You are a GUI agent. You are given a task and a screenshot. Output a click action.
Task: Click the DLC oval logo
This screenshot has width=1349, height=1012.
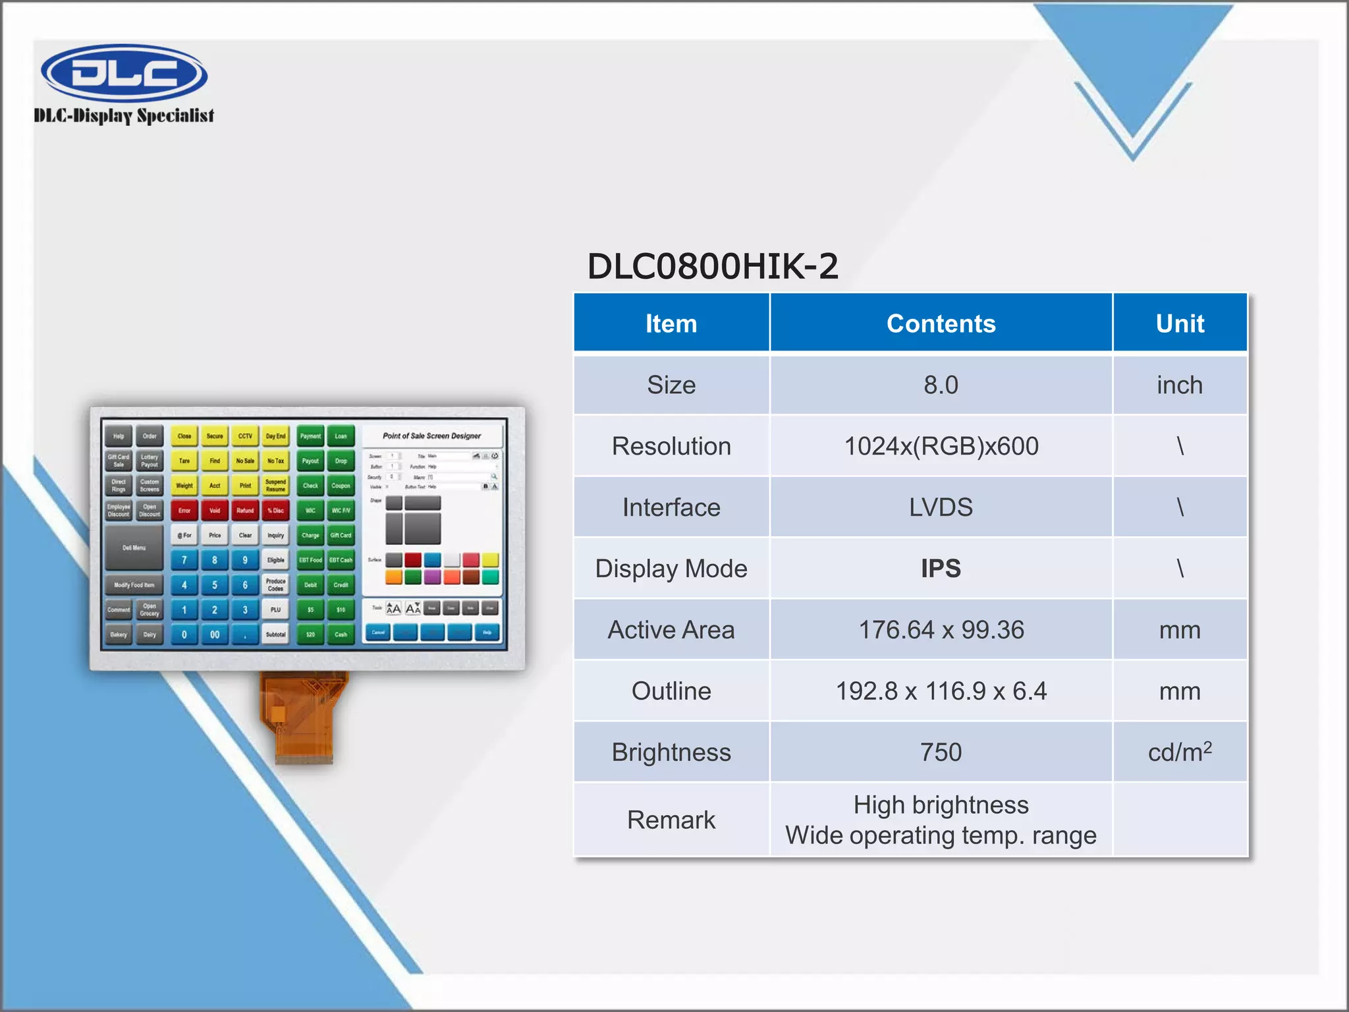pyautogui.click(x=124, y=72)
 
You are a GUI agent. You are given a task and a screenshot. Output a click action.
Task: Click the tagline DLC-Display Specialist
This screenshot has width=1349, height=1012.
pyautogui.click(x=124, y=116)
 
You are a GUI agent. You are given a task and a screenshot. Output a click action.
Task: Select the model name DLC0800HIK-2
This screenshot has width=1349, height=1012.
pyautogui.click(x=712, y=266)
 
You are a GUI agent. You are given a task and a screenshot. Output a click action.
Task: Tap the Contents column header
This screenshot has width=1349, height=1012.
pyautogui.click(x=941, y=323)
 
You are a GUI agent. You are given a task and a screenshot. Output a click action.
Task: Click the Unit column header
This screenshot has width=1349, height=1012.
pyautogui.click(x=1179, y=323)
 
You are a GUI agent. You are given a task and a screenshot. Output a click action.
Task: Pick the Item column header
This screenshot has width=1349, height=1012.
pyautogui.click(x=671, y=323)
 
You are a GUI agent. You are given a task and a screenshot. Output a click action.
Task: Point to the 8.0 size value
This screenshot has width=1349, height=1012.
pyautogui.click(x=941, y=385)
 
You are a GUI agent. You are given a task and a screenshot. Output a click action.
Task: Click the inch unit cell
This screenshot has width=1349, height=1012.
pyautogui.click(x=1179, y=385)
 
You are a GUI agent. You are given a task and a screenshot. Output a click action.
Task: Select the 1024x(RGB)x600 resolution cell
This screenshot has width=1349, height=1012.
pyautogui.click(x=941, y=446)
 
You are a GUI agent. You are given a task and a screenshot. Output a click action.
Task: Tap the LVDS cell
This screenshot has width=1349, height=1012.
pyautogui.click(x=941, y=507)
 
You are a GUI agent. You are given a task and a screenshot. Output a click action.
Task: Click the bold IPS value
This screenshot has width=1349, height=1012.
pyautogui.click(x=941, y=568)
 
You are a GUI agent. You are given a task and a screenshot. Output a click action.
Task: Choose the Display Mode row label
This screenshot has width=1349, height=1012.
pyautogui.click(x=671, y=568)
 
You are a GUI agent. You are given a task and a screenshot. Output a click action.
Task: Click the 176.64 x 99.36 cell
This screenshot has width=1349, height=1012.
pyautogui.click(x=941, y=630)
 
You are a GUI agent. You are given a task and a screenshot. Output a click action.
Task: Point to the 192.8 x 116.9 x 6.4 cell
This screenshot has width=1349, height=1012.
pyautogui.click(x=941, y=691)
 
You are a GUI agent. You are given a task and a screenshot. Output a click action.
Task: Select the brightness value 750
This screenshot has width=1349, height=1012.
pyautogui.click(x=941, y=752)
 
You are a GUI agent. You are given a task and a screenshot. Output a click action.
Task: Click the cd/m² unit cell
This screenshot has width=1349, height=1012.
pyautogui.click(x=1179, y=752)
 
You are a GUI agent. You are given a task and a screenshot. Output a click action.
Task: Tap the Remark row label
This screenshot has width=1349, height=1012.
pyautogui.click(x=671, y=820)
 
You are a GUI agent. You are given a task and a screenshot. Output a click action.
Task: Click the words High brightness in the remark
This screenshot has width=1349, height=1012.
pyautogui.click(x=941, y=804)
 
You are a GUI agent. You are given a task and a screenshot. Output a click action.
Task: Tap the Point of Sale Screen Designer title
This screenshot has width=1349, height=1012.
pyautogui.click(x=431, y=436)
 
